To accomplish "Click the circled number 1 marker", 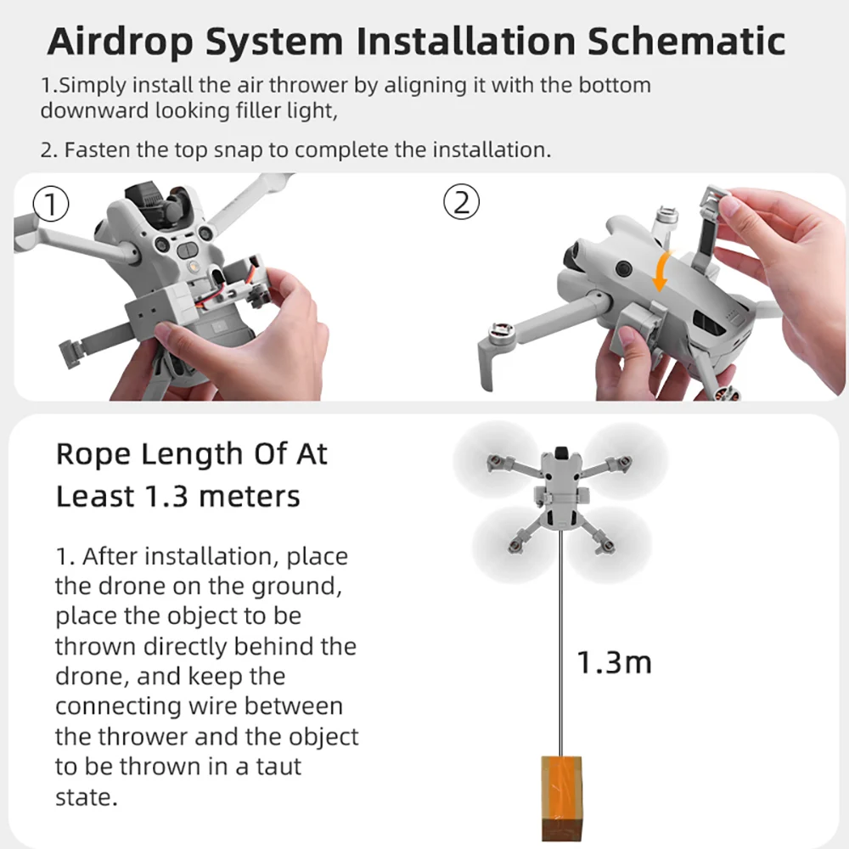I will (48, 204).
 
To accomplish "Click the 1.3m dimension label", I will (614, 662).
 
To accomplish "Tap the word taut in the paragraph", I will (272, 766).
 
